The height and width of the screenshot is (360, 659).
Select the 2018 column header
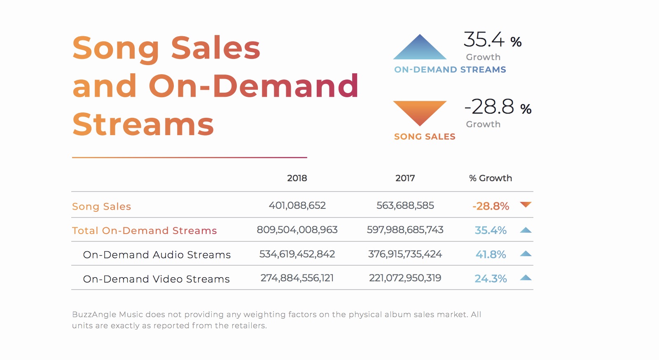(297, 178)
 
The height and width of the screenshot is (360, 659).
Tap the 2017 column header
(405, 178)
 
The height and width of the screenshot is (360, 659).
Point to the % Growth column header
(491, 178)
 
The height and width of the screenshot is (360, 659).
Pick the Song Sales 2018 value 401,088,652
(297, 205)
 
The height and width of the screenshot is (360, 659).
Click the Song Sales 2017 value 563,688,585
(405, 205)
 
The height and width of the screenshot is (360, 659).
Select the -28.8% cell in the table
(491, 206)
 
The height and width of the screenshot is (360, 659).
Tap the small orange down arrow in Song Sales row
(526, 204)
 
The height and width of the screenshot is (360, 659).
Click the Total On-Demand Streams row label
(145, 231)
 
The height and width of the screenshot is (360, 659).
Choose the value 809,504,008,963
(297, 230)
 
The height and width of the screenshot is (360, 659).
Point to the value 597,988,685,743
(405, 230)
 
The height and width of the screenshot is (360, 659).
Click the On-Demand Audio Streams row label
(157, 255)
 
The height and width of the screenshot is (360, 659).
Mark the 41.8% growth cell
(491, 255)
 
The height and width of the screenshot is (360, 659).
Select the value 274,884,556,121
(297, 278)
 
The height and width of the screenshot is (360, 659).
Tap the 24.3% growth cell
(491, 278)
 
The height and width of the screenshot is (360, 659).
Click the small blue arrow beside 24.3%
(526, 278)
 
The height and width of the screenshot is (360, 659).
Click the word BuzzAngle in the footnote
(94, 315)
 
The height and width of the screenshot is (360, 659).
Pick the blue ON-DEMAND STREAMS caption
(450, 70)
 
